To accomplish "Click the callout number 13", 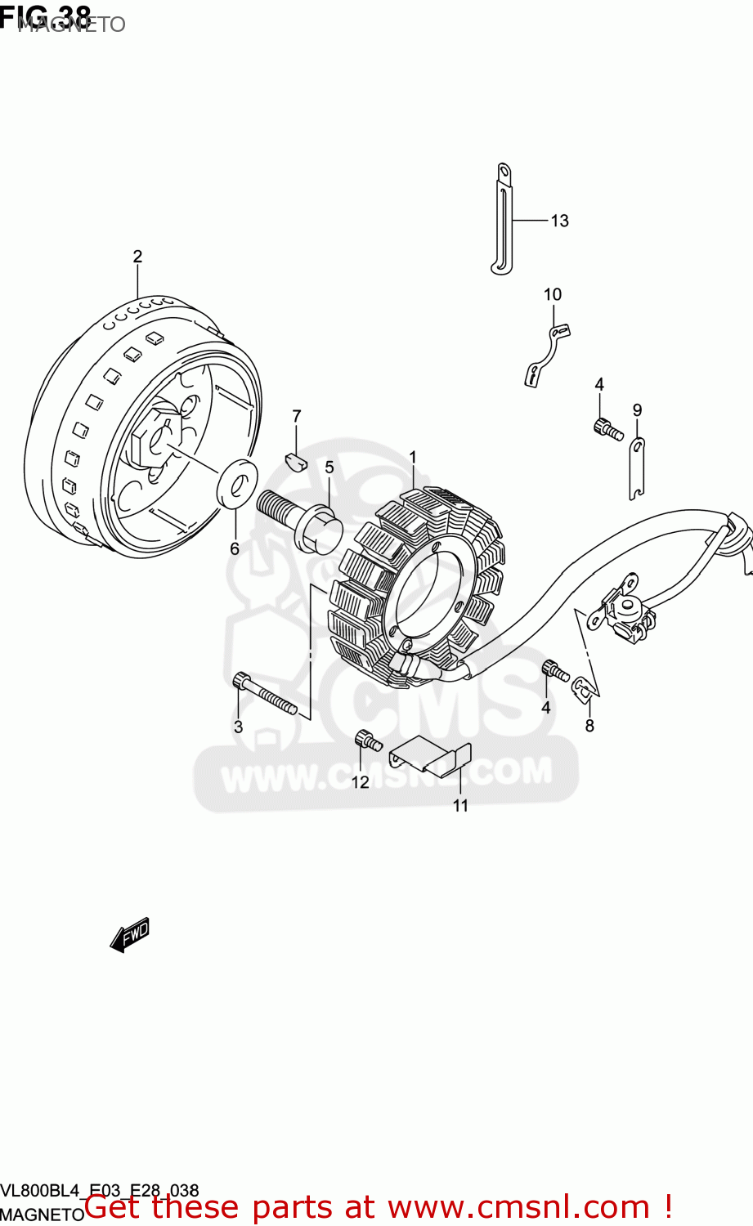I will pyautogui.click(x=559, y=221).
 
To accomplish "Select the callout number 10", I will pyautogui.click(x=553, y=294).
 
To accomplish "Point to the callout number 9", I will pyautogui.click(x=637, y=410).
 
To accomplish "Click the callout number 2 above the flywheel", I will pyautogui.click(x=137, y=257).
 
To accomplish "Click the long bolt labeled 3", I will pyautogui.click(x=265, y=694).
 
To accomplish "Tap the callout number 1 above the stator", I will pyautogui.click(x=413, y=458).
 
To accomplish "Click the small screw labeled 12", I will pyautogui.click(x=367, y=741).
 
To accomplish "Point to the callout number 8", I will pyautogui.click(x=589, y=726).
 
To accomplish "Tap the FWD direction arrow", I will pyautogui.click(x=130, y=933).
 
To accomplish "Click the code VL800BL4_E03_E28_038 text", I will pyautogui.click(x=100, y=1191).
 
